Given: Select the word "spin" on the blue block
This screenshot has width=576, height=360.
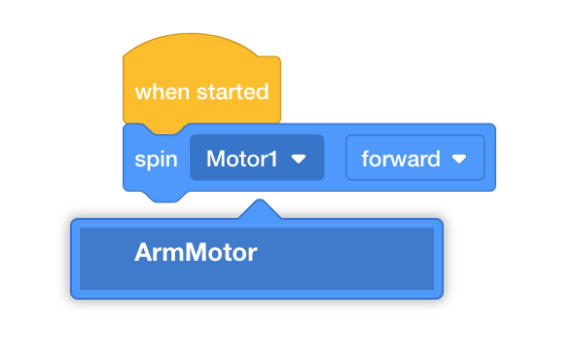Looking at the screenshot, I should coord(156,158).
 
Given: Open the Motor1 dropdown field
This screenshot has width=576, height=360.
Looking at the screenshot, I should coord(256,158).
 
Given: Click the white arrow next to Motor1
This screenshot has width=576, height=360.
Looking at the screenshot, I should coord(300,158).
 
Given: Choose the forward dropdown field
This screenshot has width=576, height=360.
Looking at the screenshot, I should coord(414,158).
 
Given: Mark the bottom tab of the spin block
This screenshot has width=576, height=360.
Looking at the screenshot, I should coord(162,197).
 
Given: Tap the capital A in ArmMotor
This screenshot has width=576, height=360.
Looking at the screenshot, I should coord(143,253).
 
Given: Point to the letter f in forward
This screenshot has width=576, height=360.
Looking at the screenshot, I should coord(365,158).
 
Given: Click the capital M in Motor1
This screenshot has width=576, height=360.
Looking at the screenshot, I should coord(215,158).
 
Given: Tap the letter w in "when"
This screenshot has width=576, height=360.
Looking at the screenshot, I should coord(141,92).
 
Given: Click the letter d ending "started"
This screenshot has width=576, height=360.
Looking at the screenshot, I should coord(263,92).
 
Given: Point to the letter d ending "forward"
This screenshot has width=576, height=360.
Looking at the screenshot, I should coord(436,158).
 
